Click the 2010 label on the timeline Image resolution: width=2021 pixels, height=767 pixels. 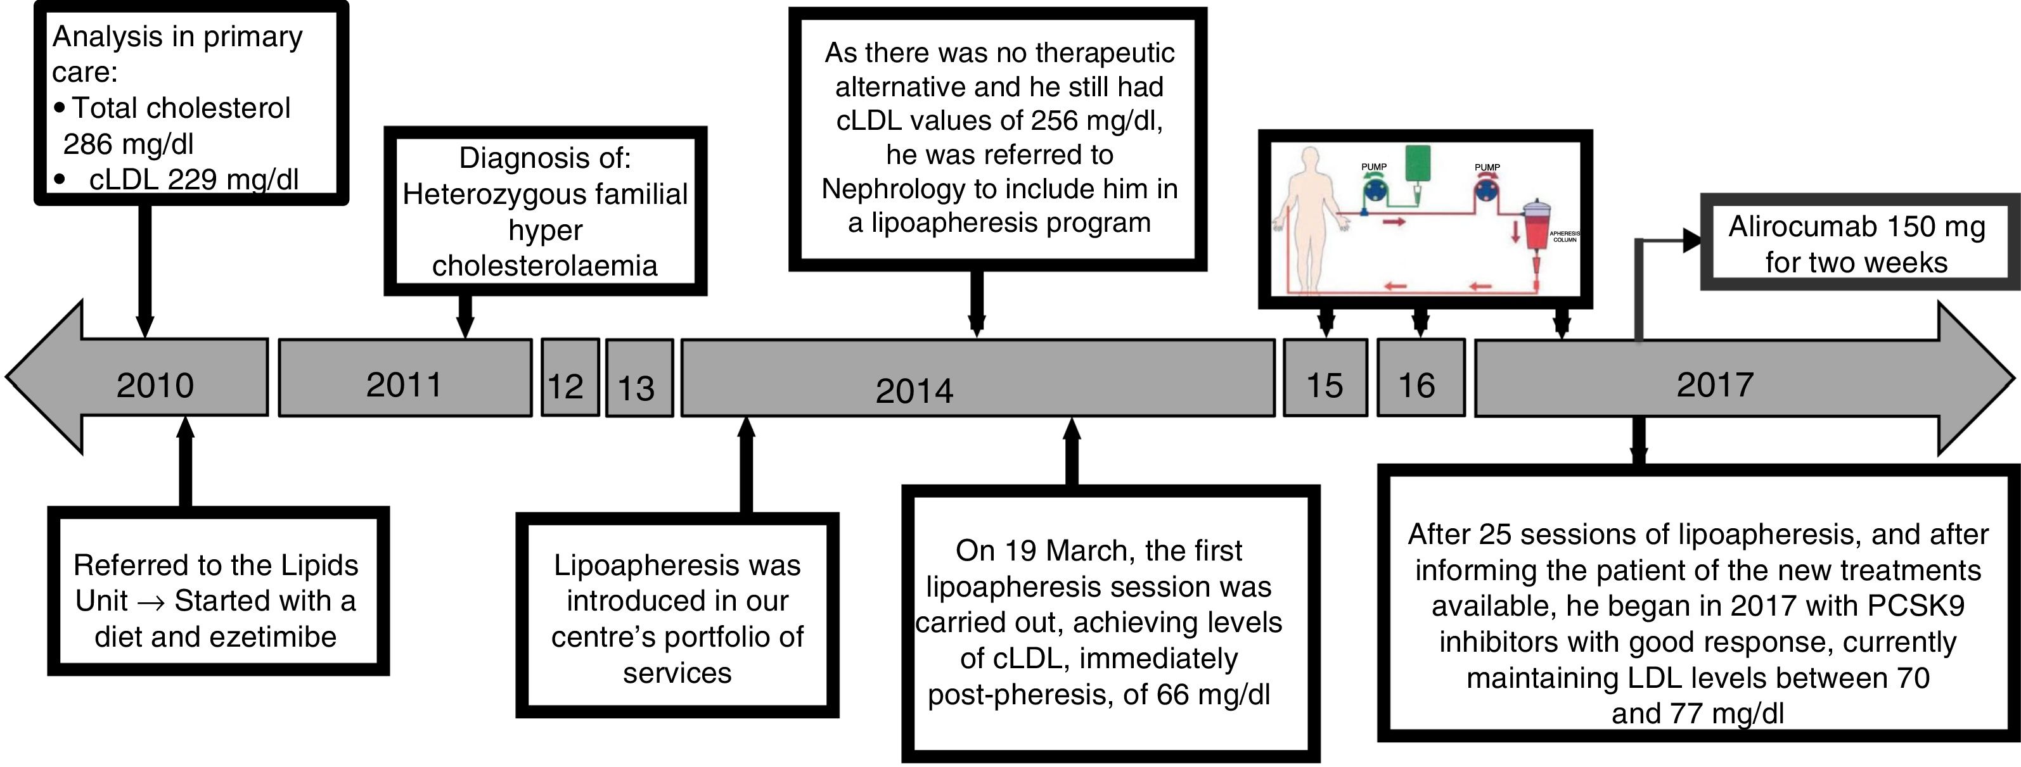(x=155, y=385)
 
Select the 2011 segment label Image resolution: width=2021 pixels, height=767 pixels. (x=404, y=384)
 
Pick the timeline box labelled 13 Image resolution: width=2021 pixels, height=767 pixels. (x=636, y=388)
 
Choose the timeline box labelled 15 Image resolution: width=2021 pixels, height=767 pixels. (x=1325, y=385)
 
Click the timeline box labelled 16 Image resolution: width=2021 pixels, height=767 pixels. (x=1417, y=385)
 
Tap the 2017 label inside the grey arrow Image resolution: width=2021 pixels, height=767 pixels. (x=1715, y=384)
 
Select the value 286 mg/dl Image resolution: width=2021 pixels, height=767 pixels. (x=128, y=144)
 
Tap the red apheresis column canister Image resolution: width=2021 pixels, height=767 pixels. (x=1536, y=227)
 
